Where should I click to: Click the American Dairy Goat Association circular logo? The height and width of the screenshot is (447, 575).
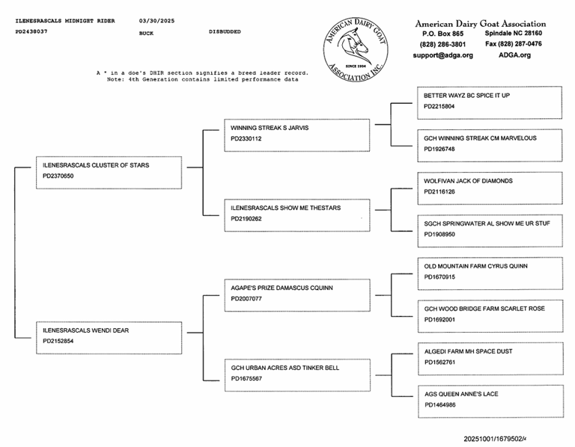click(x=356, y=49)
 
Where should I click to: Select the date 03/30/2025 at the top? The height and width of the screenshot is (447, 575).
click(x=159, y=20)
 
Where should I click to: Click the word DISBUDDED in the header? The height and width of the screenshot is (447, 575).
click(x=225, y=32)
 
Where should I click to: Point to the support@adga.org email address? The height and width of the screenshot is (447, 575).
click(x=442, y=55)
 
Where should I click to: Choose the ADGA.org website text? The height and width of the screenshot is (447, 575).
click(x=514, y=55)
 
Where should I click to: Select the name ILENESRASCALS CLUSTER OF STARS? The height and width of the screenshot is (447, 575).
click(x=96, y=165)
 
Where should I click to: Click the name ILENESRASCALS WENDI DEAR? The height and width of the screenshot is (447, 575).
click(x=86, y=330)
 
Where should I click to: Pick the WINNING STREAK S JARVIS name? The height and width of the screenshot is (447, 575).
click(x=270, y=128)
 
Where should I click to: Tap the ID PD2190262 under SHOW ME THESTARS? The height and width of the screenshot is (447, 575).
click(x=246, y=219)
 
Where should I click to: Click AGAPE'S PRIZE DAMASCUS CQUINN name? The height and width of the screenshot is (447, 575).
click(x=282, y=288)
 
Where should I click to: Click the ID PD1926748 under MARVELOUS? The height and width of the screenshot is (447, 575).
click(x=439, y=149)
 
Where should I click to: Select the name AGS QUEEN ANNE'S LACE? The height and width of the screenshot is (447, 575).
click(x=460, y=394)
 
